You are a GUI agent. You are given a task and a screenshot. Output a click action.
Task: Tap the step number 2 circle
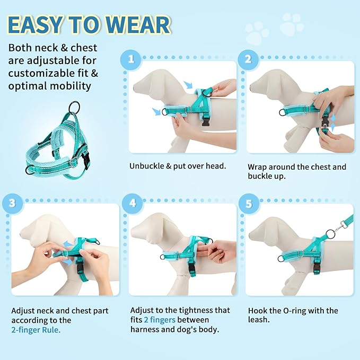[x=247, y=59]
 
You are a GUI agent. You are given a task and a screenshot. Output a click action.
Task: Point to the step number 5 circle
[x=247, y=203]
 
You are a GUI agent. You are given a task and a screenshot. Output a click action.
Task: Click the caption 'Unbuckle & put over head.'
[x=178, y=166]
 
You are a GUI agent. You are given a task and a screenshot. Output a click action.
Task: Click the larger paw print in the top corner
[x=292, y=23]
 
